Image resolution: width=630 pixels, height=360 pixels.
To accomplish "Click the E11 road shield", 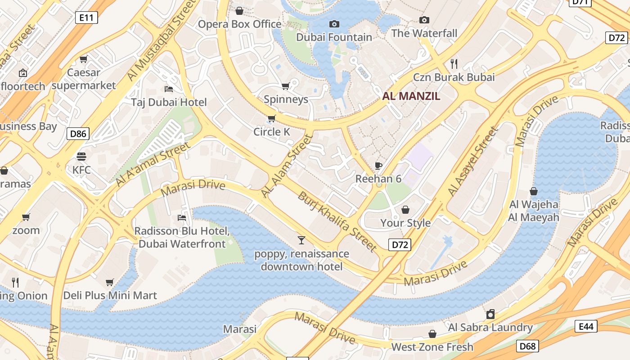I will coord(86,18).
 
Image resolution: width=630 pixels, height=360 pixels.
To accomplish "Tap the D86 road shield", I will coord(78,133).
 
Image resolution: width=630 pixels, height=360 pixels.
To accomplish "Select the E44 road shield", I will coord(586,326).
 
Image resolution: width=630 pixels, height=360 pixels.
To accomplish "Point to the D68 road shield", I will coord(527,346).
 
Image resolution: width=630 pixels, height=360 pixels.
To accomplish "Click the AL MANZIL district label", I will coord(411,96).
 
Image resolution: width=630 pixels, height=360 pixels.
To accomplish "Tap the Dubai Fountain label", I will coord(334,37).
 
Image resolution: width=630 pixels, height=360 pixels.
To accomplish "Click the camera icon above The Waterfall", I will coord(424,20).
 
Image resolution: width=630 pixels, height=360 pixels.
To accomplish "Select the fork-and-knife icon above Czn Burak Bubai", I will coord(454,63).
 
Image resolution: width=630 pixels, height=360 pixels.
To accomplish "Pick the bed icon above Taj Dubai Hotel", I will coord(169,89).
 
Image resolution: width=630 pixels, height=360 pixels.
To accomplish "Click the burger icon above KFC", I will coord(81,157).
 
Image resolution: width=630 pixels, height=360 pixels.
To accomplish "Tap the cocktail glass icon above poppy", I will coord(301,240).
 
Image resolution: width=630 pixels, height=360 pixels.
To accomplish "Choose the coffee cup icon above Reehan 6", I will coord(378,166).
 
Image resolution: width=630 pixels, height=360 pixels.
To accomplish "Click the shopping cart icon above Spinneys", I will coord(286,86).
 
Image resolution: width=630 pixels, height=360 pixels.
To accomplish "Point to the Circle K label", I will coord(272,132).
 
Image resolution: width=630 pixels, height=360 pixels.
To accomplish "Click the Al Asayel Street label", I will coord(473,161).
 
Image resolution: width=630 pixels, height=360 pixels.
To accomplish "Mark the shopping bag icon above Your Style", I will coord(405,210).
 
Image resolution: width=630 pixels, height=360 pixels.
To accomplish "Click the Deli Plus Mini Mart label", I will coord(110,296).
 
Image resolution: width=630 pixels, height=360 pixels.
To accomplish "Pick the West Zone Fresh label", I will coord(432,347).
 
